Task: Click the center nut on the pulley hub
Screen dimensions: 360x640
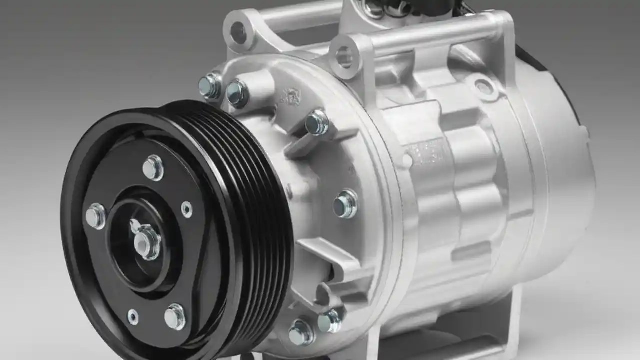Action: [x=147, y=242]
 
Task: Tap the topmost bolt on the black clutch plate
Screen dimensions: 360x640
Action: [x=153, y=167]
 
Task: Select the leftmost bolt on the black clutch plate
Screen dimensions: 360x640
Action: [x=96, y=216]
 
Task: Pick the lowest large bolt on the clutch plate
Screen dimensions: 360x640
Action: [x=174, y=316]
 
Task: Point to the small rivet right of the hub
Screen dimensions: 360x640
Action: [x=186, y=209]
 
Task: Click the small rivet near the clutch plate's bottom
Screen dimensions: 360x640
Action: [x=133, y=316]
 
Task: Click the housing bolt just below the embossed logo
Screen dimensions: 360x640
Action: [x=317, y=122]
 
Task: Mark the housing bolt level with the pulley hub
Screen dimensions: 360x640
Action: [x=346, y=203]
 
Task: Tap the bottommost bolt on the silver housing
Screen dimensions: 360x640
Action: [x=301, y=332]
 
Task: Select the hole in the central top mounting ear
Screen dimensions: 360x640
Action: [x=344, y=56]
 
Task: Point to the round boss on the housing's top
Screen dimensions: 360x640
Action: [x=483, y=87]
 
